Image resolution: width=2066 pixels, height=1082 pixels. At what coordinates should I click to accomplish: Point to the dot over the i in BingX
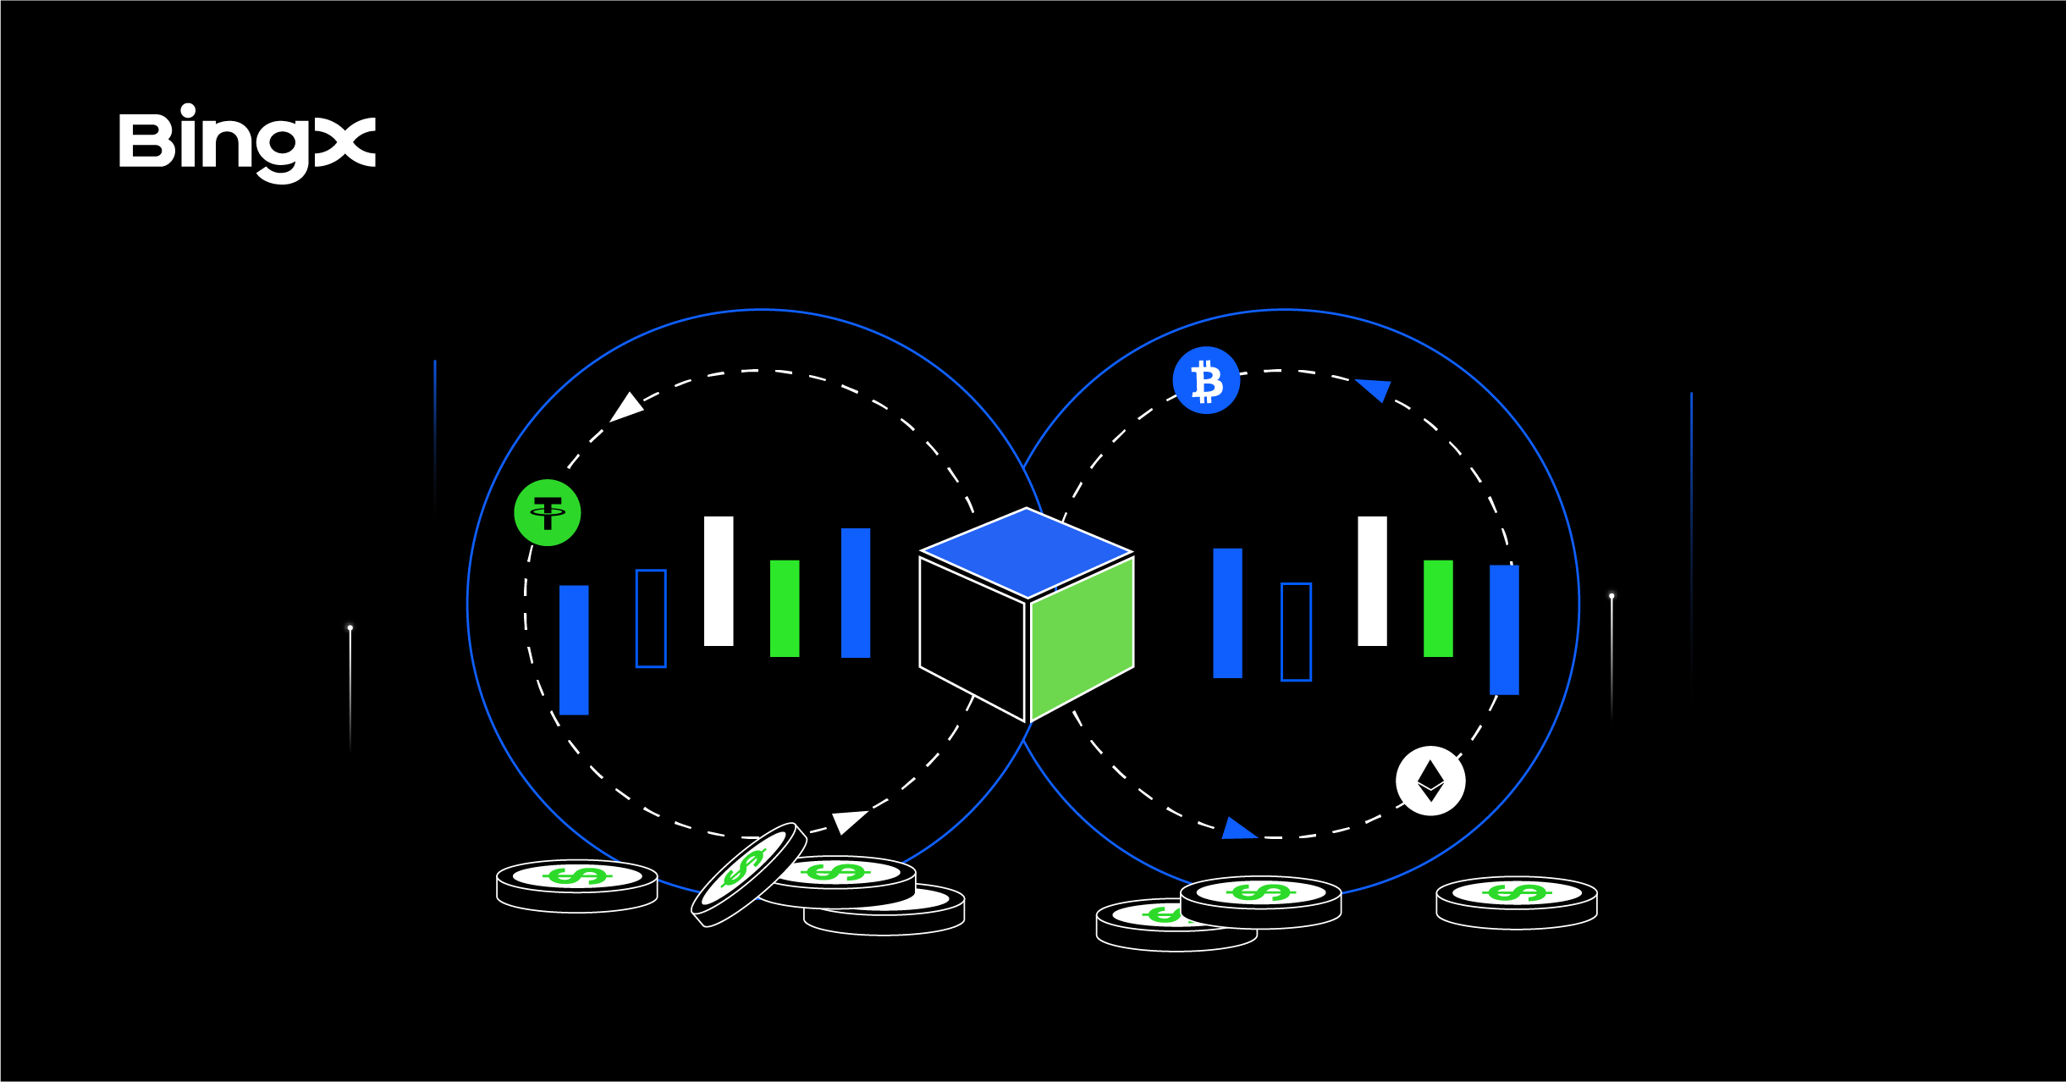(x=187, y=110)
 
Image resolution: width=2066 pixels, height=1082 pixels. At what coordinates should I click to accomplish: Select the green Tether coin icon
(x=548, y=513)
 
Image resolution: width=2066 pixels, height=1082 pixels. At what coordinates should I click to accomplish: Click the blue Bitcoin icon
(x=1206, y=381)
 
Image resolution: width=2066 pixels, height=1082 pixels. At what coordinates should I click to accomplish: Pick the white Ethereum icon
(x=1430, y=781)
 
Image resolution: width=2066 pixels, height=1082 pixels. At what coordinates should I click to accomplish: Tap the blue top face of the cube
(x=1027, y=552)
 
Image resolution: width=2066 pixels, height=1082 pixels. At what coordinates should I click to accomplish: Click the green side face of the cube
(x=1082, y=638)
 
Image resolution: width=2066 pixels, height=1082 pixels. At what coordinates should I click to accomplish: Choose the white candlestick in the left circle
(x=719, y=581)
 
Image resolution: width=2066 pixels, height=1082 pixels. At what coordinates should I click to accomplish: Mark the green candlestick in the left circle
(x=785, y=608)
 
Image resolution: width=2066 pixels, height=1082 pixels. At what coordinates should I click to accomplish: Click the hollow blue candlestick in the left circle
(x=651, y=618)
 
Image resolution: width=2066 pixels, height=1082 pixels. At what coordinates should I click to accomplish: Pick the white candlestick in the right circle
(x=1372, y=581)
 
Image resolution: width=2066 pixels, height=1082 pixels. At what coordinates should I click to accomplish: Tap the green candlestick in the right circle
(x=1438, y=608)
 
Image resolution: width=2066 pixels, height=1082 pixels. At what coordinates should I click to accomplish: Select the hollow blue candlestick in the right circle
(x=1296, y=632)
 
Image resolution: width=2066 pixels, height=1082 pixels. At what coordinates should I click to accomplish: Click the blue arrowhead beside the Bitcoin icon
(x=1375, y=389)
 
